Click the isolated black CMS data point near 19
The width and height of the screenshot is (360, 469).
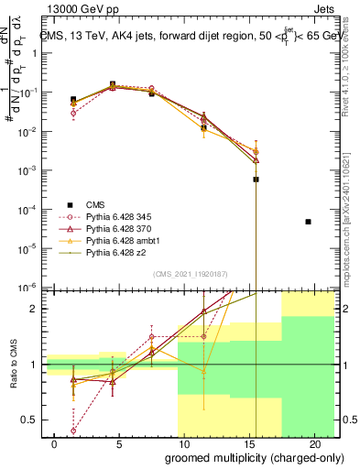click(308, 222)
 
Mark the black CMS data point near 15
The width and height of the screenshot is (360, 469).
click(256, 180)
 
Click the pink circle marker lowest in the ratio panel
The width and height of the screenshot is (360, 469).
click(72, 430)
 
